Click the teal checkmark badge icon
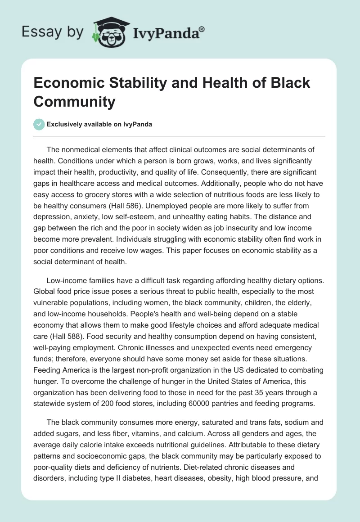39,124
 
